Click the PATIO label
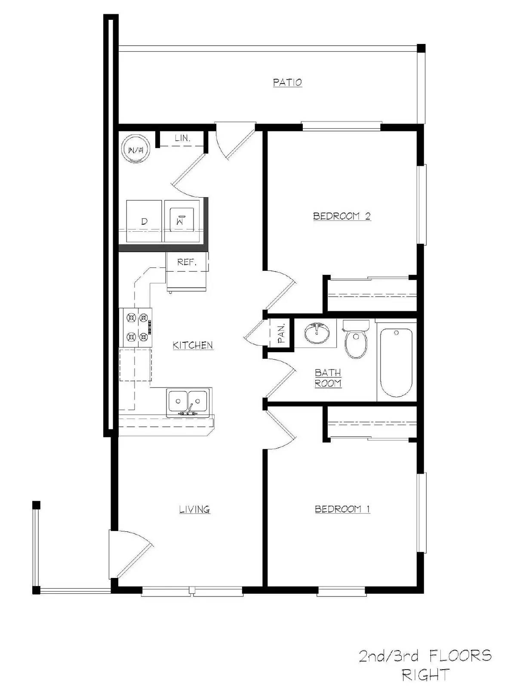coord(287,82)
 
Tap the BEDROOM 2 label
coord(341,216)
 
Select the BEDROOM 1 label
coord(342,509)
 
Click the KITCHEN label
coord(193,345)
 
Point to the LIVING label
coord(194,509)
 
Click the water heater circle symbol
coord(136,149)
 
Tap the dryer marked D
coord(144,221)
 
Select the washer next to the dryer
coord(181,221)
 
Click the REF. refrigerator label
coord(187,262)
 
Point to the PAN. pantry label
coord(281,333)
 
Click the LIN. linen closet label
coord(182,138)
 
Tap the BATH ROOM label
coord(328,378)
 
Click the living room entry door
coord(129,556)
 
